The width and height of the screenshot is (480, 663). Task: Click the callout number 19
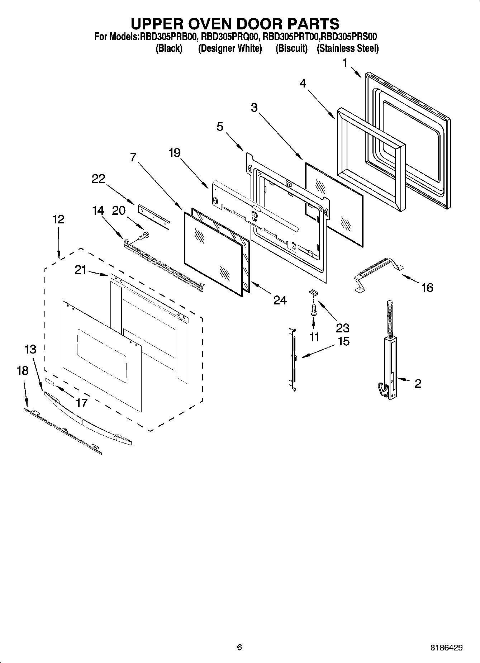[x=175, y=153]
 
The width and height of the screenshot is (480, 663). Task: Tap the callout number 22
[x=98, y=179]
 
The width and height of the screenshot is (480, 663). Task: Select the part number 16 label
[x=427, y=287]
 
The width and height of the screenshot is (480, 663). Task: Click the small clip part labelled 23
[x=313, y=292]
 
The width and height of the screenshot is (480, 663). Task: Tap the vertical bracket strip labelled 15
[x=294, y=359]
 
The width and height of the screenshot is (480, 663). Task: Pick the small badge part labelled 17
[x=49, y=382]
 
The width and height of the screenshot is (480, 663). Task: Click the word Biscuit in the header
[x=291, y=48]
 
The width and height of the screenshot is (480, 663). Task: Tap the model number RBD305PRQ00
[x=229, y=37]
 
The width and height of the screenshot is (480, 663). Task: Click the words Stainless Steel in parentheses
[x=347, y=48]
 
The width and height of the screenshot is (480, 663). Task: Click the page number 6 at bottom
[x=239, y=647]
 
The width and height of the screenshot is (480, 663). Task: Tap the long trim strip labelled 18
[x=63, y=430]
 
